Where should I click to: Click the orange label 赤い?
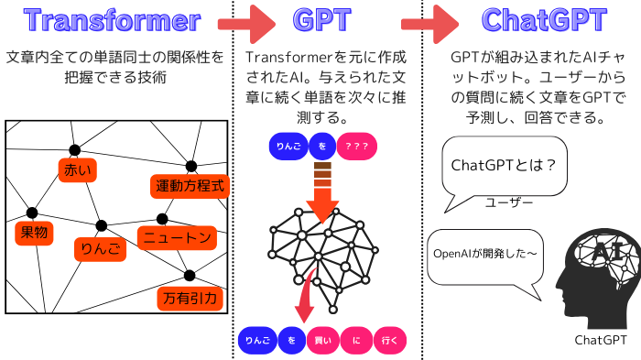pyautogui.click(x=77, y=169)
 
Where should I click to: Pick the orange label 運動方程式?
pyautogui.click(x=189, y=187)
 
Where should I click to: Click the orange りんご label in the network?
pyautogui.click(x=98, y=247)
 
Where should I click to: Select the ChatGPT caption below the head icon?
pyautogui.click(x=601, y=341)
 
